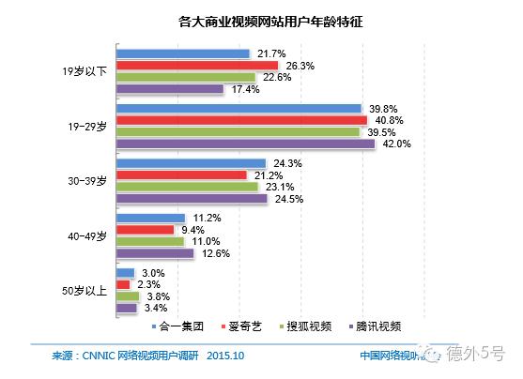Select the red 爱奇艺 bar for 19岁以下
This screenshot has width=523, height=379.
click(x=196, y=66)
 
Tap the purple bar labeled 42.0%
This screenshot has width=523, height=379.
click(x=245, y=144)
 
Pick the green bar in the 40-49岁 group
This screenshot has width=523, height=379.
click(x=149, y=241)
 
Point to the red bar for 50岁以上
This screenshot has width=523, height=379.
click(x=123, y=284)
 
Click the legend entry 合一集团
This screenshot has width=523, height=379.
click(x=179, y=326)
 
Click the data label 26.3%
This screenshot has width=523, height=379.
click(x=300, y=66)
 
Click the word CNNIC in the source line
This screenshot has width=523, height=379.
click(x=95, y=356)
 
